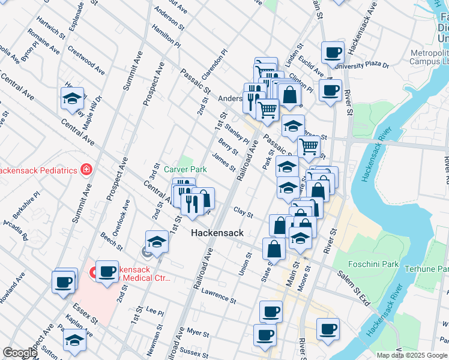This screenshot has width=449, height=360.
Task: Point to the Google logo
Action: (20, 353)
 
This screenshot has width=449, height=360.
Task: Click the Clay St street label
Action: (243, 212)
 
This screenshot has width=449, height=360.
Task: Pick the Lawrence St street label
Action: (218, 296)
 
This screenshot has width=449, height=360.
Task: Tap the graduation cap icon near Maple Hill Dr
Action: (73, 98)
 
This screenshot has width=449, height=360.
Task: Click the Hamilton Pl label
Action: (166, 36)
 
